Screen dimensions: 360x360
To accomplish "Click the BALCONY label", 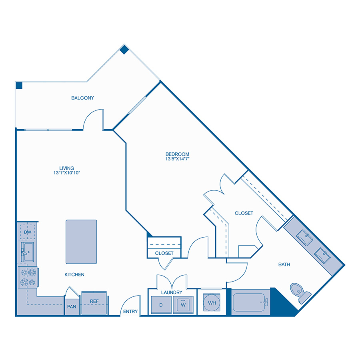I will click(x=82, y=98).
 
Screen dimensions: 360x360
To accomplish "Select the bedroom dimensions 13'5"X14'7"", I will click(x=177, y=159).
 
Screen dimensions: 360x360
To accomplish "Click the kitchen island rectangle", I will click(x=81, y=242).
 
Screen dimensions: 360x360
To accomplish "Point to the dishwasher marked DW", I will click(x=28, y=232).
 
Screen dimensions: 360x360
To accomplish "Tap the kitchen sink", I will click(x=27, y=252).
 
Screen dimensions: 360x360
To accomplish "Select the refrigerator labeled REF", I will click(x=94, y=301).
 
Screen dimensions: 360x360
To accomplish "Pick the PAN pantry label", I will click(x=72, y=307).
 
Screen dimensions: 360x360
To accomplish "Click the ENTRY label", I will click(x=130, y=312).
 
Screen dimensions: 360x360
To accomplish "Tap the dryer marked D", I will click(x=160, y=305).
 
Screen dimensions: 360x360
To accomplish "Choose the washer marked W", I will click(x=184, y=305).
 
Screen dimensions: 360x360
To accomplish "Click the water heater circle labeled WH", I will click(x=212, y=303).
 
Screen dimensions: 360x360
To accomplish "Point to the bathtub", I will click(x=249, y=302).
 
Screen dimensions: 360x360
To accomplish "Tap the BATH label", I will click(x=284, y=264).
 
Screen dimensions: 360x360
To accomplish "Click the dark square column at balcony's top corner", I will click(x=124, y=50).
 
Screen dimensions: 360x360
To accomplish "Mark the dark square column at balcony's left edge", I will click(x=19, y=85).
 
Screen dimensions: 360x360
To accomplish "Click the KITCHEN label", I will click(x=74, y=275).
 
